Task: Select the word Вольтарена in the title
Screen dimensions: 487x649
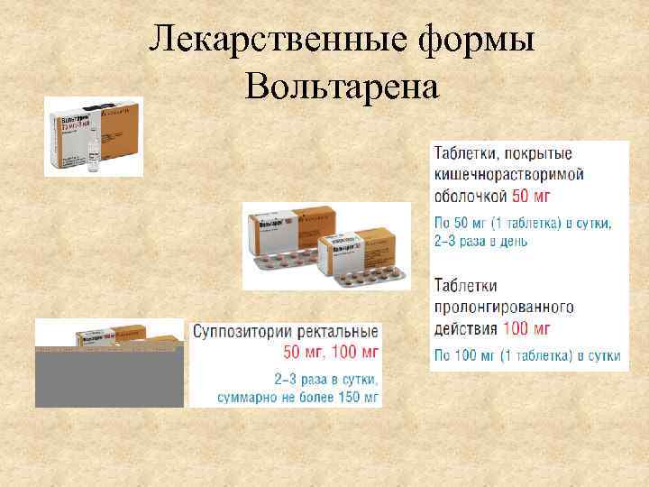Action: pos(340,87)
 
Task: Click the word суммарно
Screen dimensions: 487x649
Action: pos(248,396)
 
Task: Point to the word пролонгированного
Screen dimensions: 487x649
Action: pos(503,307)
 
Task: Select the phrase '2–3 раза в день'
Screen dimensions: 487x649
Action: pos(481,241)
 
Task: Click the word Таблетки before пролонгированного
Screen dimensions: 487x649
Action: pos(466,286)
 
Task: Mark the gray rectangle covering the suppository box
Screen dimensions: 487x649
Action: pos(109,377)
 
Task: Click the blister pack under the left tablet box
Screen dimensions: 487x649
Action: pos(283,262)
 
